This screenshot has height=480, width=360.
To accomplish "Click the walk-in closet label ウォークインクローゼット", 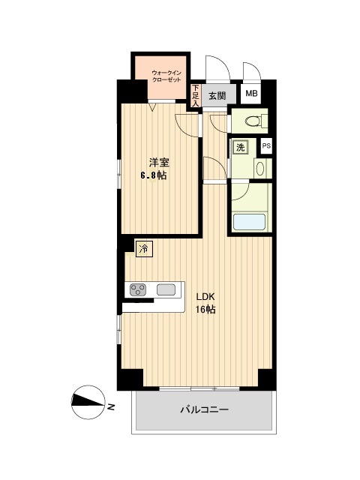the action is pos(166,76).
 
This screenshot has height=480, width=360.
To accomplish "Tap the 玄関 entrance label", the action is pos(217,96).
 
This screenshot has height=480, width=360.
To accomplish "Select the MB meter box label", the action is pos(251,93).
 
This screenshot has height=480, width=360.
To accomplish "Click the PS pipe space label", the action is pos(266,146).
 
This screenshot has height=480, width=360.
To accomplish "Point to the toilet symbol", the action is pos(256,121).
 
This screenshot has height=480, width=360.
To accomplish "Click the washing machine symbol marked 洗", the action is pos(240,148).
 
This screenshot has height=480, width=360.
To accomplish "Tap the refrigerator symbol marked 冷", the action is pos(144,249).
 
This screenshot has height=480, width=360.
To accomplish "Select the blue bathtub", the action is pos(249,222).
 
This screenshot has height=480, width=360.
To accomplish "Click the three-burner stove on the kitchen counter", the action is pos(137,289).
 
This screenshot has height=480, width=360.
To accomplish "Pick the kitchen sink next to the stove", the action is pos(166,289).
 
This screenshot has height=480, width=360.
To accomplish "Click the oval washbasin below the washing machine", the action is pos(260,169).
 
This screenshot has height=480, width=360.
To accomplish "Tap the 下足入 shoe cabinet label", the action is pos(195,95).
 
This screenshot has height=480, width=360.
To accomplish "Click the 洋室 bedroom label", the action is pos(159,162).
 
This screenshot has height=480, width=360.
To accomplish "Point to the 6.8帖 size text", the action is pos(154,175).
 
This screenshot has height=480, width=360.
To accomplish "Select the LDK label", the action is pos(205,297).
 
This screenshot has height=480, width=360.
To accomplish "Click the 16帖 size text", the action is pos(205,310).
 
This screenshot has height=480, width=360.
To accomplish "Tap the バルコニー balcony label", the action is pos(204,409).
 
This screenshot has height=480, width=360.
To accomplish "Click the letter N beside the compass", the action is pos(111,406).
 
